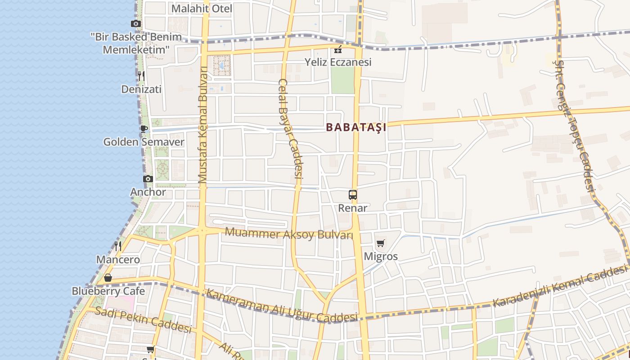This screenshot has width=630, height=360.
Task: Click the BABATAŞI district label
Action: coord(356,127)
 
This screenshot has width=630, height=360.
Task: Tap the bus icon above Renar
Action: coord(353,195)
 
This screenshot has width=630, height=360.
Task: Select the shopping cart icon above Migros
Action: coord(381,243)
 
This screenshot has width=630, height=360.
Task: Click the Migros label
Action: coord(381,256)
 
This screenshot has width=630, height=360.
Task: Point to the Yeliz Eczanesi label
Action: coord(338,62)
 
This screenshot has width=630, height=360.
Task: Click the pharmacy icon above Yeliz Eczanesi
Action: coord(338,49)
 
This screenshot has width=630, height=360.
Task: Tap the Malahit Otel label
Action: coord(202,9)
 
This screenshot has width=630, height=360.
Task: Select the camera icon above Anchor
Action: coord(148,179)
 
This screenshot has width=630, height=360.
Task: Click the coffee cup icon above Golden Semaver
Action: coord(144,129)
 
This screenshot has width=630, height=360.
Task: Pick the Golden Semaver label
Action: coord(144,142)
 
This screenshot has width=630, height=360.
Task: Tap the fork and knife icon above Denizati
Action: coord(141,76)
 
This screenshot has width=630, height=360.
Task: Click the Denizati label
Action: coord(141,89)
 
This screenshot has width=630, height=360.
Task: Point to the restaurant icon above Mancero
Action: coord(118,246)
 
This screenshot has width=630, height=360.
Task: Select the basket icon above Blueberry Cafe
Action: coord(108,278)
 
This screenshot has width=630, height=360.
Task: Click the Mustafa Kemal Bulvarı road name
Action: coord(203,125)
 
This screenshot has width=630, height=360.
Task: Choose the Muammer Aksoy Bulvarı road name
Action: coord(289,234)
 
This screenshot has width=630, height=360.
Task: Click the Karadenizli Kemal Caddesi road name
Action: coord(560,286)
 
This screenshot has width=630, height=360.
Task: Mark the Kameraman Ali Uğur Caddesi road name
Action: coord(282,306)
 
